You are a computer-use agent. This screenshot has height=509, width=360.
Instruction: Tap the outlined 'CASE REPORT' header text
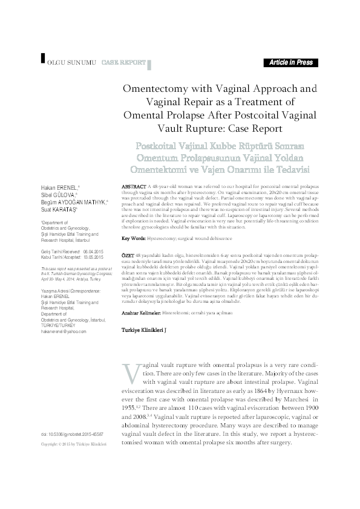123,62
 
